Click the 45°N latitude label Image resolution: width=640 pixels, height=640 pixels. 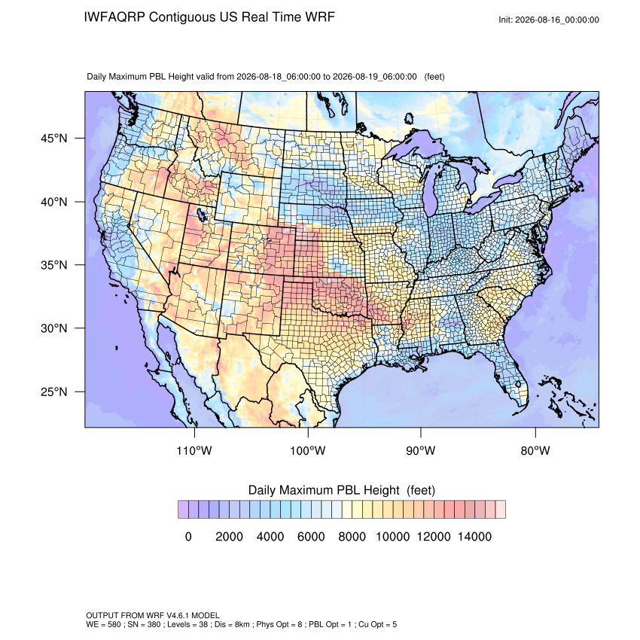(54, 139)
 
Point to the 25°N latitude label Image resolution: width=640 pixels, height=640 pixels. (54, 392)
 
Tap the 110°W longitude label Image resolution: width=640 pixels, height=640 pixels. (194, 450)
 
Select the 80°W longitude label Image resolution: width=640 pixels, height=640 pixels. (535, 450)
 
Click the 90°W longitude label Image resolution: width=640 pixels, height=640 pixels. (421, 450)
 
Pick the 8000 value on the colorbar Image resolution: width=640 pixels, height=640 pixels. (352, 536)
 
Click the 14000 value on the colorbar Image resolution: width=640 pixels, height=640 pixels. (474, 536)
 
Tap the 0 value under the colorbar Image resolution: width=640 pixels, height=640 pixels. (188, 536)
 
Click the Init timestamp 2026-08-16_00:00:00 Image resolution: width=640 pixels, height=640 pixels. (557, 20)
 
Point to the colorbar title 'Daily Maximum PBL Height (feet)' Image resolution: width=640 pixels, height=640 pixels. (342, 490)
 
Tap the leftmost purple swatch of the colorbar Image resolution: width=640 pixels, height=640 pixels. (183, 510)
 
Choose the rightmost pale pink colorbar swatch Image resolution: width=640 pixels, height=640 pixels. (501, 510)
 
